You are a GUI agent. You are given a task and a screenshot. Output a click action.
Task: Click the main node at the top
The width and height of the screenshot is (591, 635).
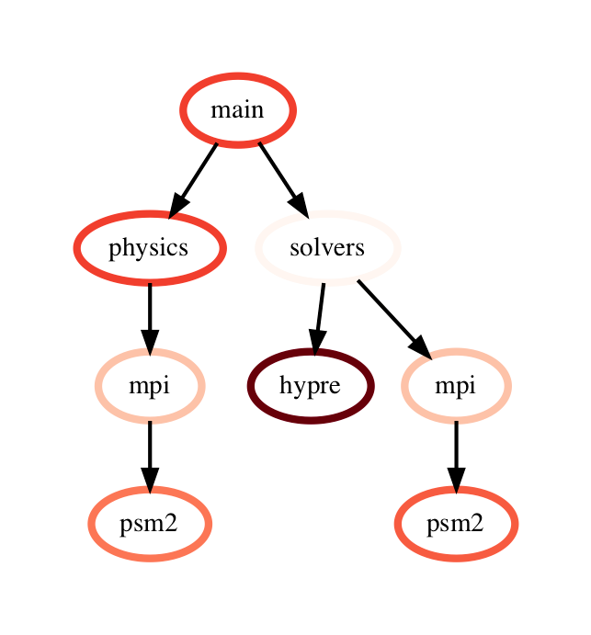pos(237,110)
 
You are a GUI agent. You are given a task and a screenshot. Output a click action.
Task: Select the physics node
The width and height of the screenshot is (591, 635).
pos(149,248)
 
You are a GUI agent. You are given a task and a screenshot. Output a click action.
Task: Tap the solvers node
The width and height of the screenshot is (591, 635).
pos(327,248)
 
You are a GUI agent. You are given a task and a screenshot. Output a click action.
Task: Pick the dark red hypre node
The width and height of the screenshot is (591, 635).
pos(310,386)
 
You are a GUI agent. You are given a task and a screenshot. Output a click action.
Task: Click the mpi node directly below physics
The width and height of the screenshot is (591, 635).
pos(149,386)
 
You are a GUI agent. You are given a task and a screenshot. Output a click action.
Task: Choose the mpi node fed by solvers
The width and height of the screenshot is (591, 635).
pos(455,386)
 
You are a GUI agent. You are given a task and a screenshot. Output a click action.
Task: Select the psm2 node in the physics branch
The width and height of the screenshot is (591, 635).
pos(149,524)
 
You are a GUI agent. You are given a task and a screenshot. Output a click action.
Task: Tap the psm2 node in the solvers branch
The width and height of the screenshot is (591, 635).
pos(455,524)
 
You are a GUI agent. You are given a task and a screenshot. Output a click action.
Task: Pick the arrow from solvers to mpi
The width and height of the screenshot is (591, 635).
pos(390,314)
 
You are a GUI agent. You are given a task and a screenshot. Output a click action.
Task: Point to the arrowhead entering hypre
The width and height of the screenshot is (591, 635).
pos(315,341)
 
